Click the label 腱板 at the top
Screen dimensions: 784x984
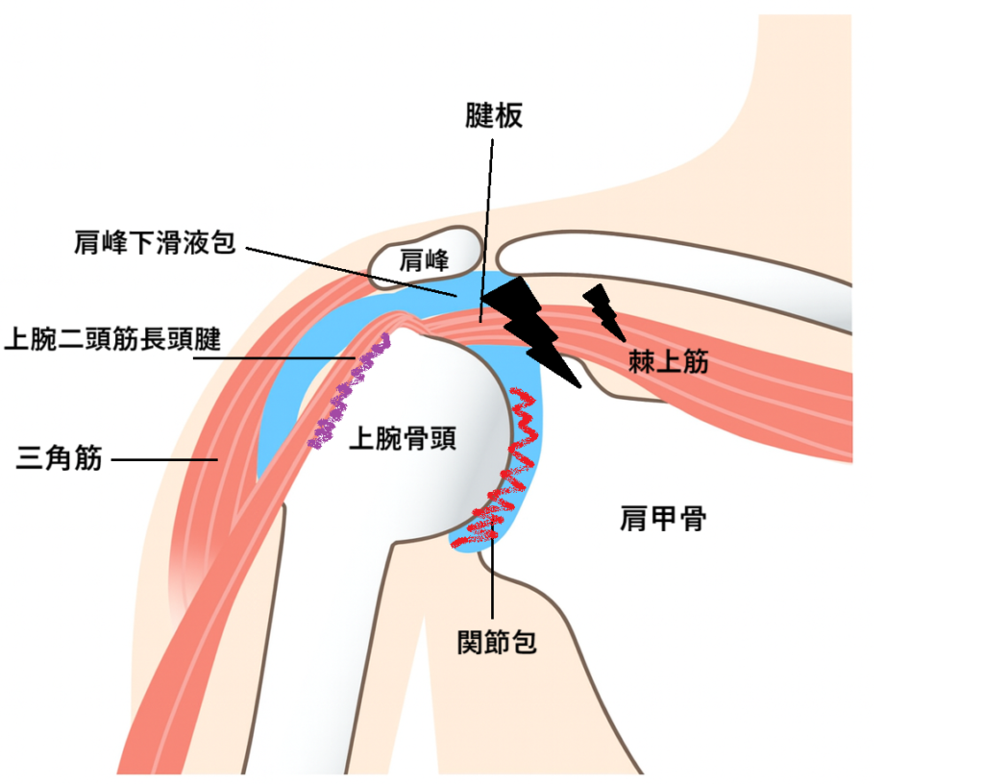[x=492, y=117]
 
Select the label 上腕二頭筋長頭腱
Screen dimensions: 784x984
[x=113, y=338]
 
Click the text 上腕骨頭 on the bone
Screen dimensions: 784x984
[x=402, y=439]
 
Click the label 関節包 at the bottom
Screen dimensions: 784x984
[x=497, y=642]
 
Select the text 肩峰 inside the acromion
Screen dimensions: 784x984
[x=425, y=258]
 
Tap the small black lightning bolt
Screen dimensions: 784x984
[x=603, y=307]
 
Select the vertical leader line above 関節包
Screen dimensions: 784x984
[x=492, y=576]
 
